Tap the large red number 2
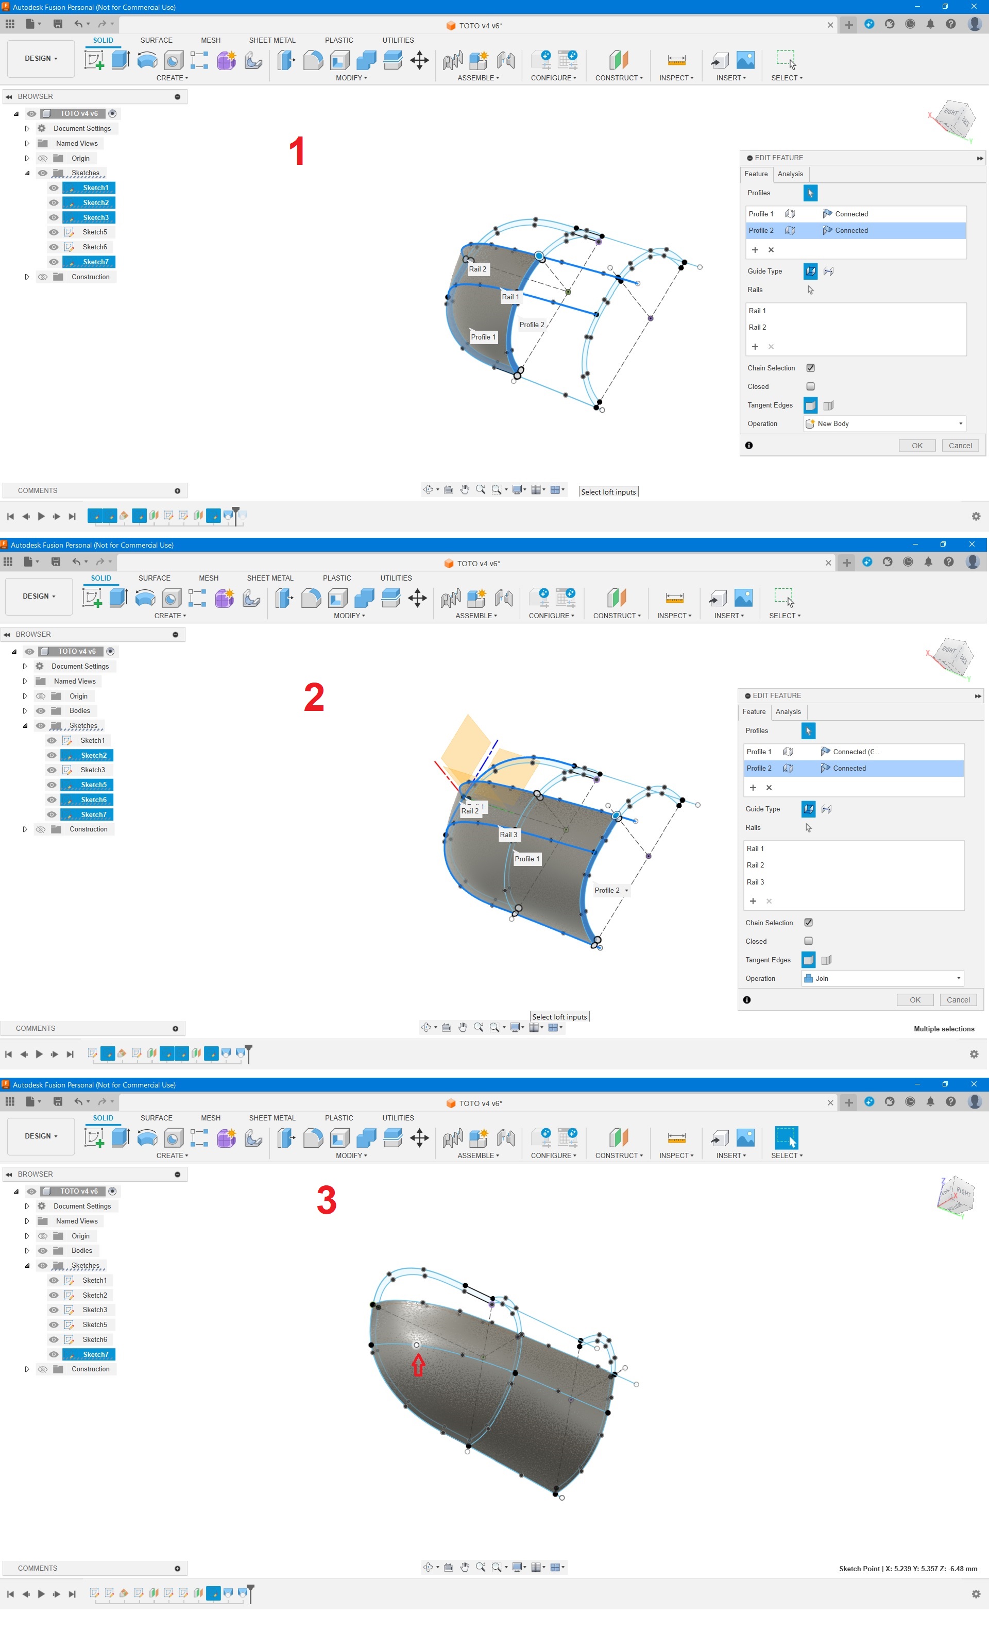click(x=314, y=697)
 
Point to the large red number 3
click(x=327, y=1200)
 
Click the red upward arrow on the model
click(x=418, y=1365)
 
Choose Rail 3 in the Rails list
click(x=755, y=881)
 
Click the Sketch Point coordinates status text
click(x=908, y=1569)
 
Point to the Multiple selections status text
click(x=944, y=1029)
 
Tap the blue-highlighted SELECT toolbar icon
click(x=786, y=1138)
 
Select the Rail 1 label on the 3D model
click(x=510, y=297)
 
